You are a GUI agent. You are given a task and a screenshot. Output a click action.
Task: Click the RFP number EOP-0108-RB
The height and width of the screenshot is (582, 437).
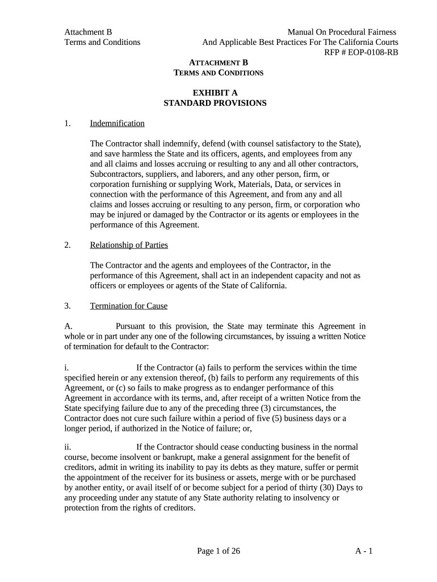pos(372,52)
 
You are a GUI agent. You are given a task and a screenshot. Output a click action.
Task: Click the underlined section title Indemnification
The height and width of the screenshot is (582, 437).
pos(117,123)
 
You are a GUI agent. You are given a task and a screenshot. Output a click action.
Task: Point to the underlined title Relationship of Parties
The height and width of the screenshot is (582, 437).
pos(129,245)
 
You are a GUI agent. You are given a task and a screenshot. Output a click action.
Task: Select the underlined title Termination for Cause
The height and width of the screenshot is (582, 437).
pos(129,306)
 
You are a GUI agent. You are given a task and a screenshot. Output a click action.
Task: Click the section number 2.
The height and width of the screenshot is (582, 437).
pos(68,245)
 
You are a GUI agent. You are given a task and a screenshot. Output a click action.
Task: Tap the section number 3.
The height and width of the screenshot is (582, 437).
pos(68,306)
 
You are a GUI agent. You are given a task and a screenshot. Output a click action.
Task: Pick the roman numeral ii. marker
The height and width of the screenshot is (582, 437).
pos(68,447)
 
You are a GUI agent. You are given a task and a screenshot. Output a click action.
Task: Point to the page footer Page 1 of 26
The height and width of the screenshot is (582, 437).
pos(218,551)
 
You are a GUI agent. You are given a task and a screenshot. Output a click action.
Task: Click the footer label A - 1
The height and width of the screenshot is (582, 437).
pos(363,551)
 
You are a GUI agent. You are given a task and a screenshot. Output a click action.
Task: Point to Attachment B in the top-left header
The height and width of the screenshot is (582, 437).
pos(84,32)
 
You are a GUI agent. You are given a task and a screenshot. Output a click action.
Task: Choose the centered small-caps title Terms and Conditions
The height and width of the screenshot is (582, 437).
pos(218,73)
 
